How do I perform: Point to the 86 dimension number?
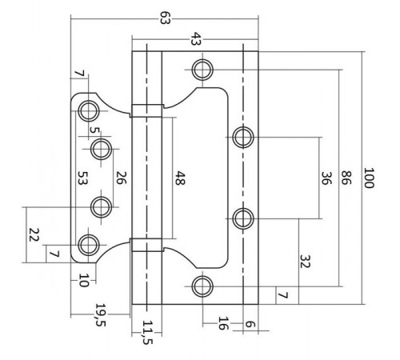(346, 177)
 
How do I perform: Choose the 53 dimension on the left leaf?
(81, 178)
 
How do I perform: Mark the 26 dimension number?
(121, 178)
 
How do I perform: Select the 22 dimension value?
(34, 235)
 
